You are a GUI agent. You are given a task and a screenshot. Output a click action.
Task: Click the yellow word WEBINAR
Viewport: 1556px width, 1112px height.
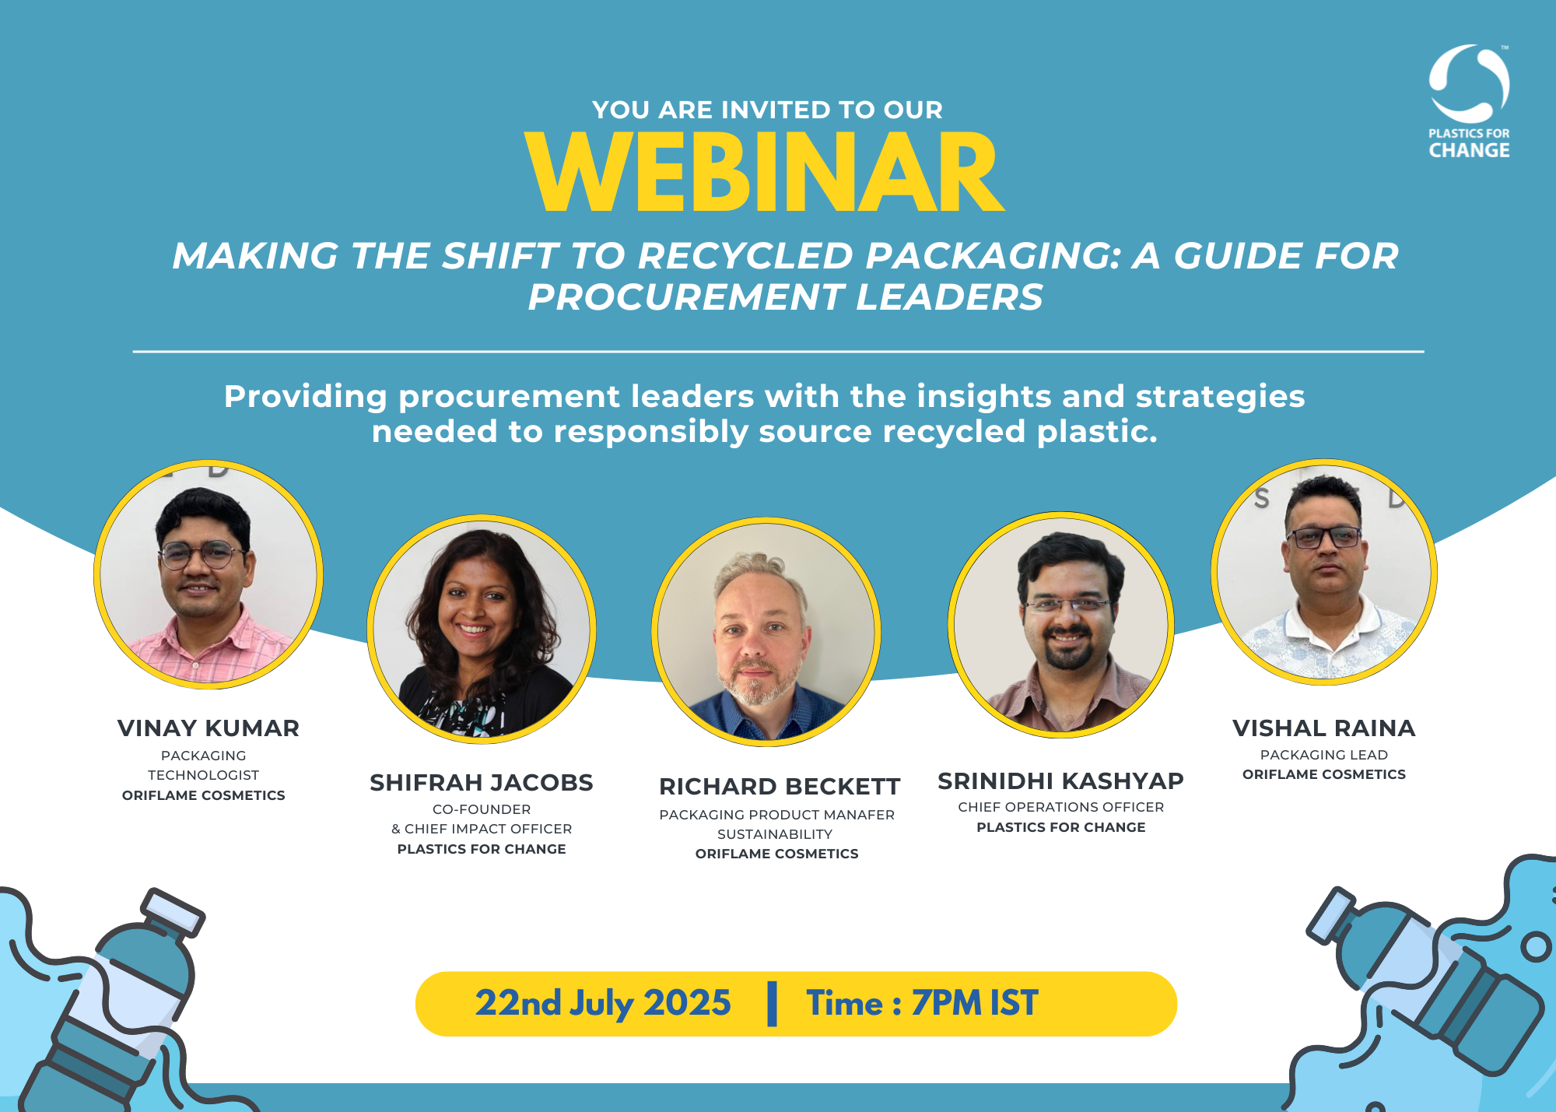(x=765, y=173)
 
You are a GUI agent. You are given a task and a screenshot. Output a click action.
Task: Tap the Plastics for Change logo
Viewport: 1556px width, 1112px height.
(x=1469, y=101)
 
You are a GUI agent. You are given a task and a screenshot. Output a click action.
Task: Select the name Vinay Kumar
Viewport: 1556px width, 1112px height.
(x=208, y=728)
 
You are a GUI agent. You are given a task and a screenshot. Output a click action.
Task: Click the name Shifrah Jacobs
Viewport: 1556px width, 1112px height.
(x=481, y=783)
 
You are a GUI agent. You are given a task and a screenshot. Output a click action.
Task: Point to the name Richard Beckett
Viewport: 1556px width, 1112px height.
(x=779, y=787)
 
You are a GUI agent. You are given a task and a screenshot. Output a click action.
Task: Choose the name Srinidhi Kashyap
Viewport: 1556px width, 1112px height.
(x=1060, y=781)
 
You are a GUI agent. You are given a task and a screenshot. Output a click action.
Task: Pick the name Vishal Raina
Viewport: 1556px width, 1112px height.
(x=1323, y=728)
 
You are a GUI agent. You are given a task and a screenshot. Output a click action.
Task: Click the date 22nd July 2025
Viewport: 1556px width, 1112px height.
(x=603, y=1003)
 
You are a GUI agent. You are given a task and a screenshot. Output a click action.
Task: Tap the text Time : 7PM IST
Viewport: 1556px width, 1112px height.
(x=922, y=1003)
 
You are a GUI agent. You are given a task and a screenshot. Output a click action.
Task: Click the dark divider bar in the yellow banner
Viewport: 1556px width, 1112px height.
(x=772, y=1004)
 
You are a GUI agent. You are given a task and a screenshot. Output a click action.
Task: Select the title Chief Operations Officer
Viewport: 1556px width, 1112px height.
(x=1060, y=807)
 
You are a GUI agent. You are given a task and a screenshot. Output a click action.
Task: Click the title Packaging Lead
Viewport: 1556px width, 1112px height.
(x=1323, y=755)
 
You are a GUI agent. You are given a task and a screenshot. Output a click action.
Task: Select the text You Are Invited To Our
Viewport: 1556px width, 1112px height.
(x=767, y=110)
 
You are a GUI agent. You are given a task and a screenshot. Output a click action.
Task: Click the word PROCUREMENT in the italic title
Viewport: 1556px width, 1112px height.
(x=685, y=297)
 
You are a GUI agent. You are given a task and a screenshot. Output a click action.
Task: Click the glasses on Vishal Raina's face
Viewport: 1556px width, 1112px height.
(x=1323, y=537)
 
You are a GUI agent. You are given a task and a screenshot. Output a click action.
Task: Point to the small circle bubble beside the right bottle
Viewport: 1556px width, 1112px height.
(x=1535, y=947)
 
